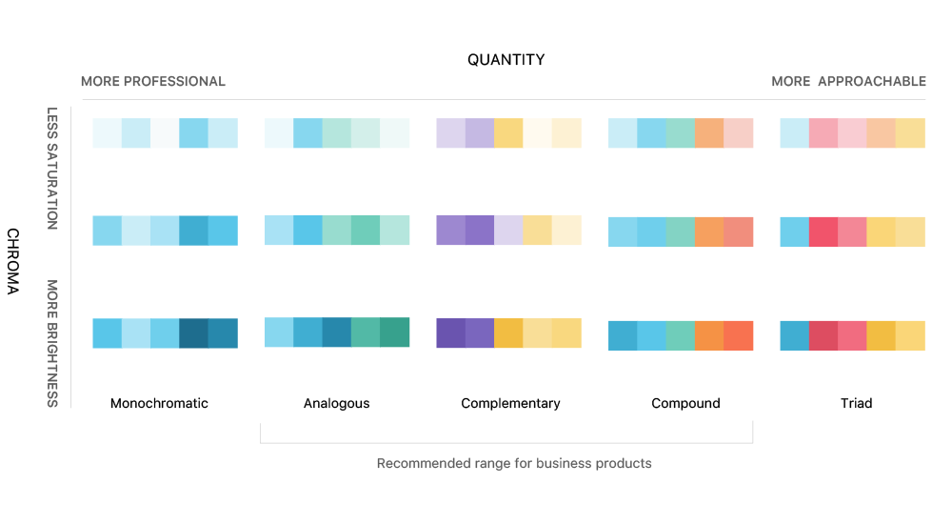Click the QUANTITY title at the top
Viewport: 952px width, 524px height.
coord(506,60)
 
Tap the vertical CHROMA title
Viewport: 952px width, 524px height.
coord(13,261)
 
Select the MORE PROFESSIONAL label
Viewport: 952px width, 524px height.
coord(153,82)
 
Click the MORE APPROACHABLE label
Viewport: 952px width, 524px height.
coord(848,82)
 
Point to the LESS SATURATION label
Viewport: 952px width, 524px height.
coord(52,168)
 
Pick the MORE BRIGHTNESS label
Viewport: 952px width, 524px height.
coord(52,343)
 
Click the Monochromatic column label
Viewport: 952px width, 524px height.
coord(159,404)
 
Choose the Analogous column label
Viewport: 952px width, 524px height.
coord(336,404)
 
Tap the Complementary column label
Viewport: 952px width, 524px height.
coord(510,404)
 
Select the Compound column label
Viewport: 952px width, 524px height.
coord(685,404)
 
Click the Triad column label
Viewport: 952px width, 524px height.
coord(856,404)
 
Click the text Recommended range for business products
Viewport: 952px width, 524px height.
coord(514,464)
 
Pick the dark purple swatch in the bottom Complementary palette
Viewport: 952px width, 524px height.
coord(450,333)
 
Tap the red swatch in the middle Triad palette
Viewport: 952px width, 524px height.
coord(823,232)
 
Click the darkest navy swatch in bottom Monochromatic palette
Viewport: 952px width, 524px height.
coord(193,333)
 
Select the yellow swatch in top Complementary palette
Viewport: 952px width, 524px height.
coord(508,132)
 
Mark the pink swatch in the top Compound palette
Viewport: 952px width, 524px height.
coord(738,132)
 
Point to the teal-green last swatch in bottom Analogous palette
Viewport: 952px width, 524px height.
coord(394,332)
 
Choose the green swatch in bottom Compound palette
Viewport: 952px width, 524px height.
coord(680,335)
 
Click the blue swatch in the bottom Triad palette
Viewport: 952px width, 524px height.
coord(794,335)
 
